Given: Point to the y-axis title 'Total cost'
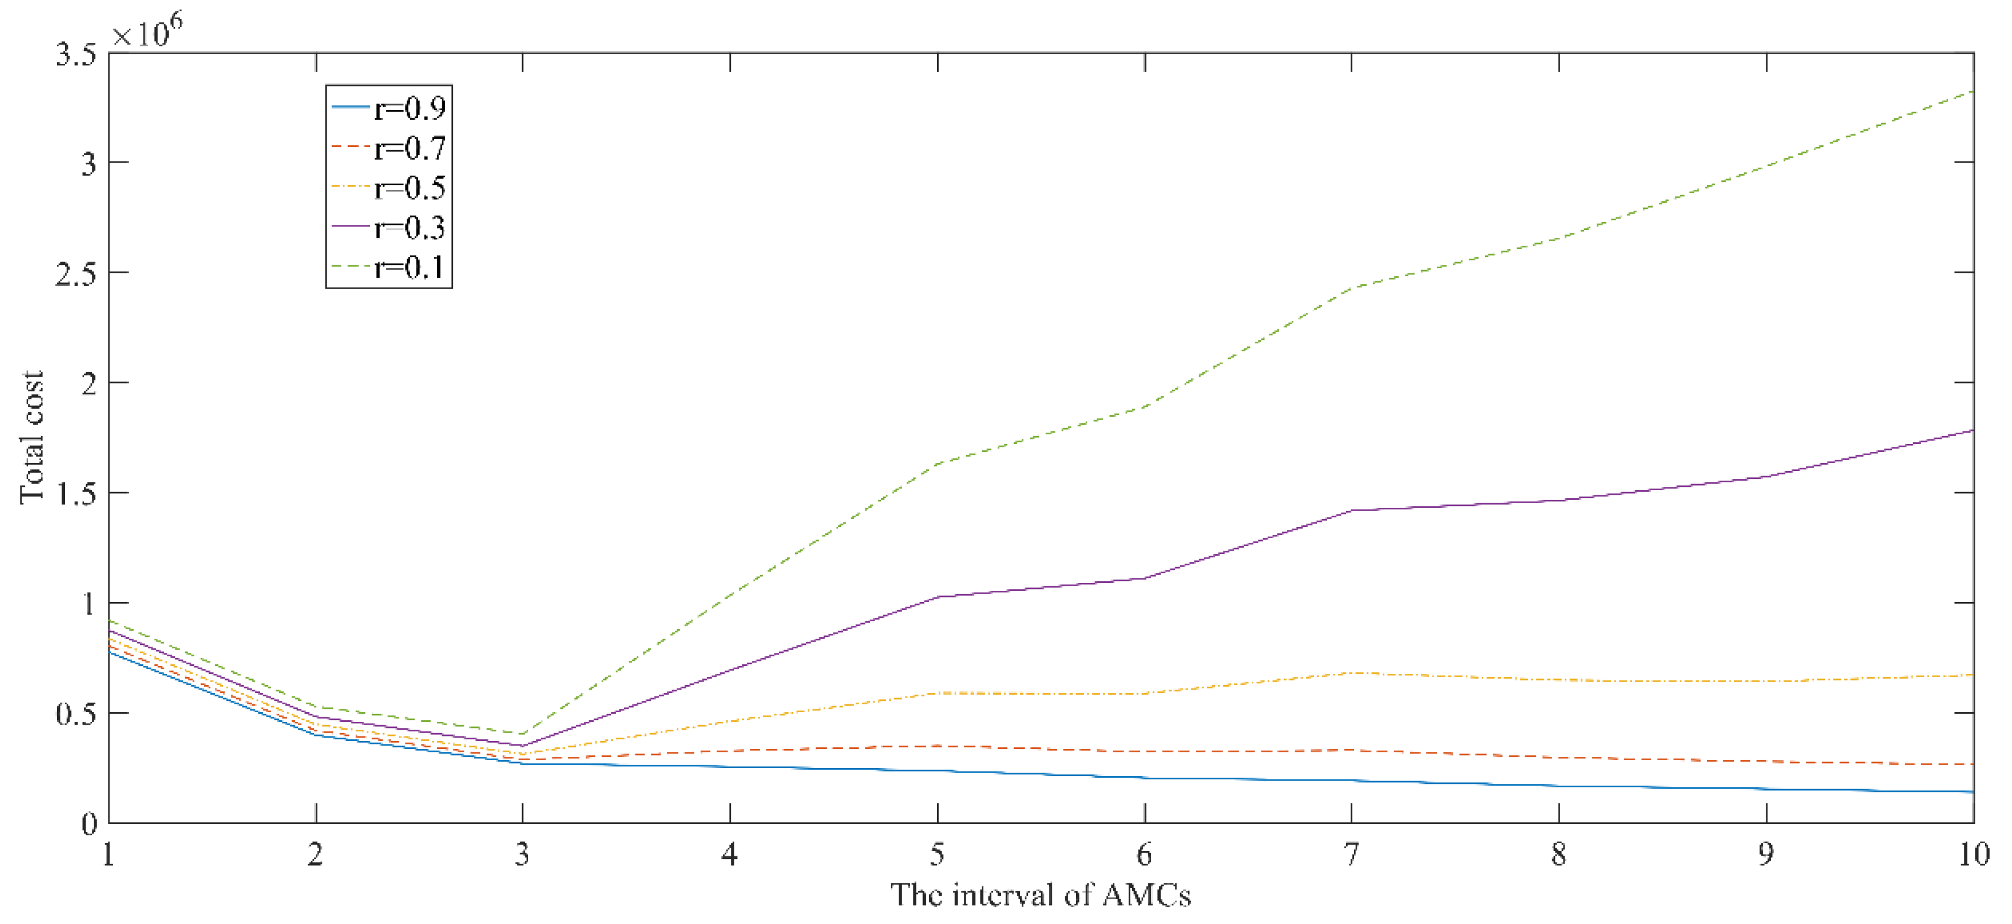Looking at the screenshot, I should click(x=31, y=437).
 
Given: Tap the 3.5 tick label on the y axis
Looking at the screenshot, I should click(x=77, y=55).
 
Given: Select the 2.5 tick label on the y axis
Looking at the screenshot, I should click(x=77, y=273).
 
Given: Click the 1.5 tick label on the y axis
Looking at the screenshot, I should click(x=77, y=494).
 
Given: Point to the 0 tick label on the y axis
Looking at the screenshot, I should click(x=89, y=824).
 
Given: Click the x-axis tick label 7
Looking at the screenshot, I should click(x=1351, y=855).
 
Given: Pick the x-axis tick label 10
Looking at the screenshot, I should click(x=1973, y=855).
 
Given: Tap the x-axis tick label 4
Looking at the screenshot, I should click(x=730, y=855).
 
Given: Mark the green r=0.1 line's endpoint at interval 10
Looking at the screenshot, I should click(x=1973, y=91).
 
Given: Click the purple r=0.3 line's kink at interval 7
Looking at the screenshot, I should click(x=1351, y=510).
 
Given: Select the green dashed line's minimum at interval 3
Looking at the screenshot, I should click(x=522, y=734).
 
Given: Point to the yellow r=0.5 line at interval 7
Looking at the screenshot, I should click(x=1351, y=673).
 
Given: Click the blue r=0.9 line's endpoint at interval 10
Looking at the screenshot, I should click(x=1973, y=792).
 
